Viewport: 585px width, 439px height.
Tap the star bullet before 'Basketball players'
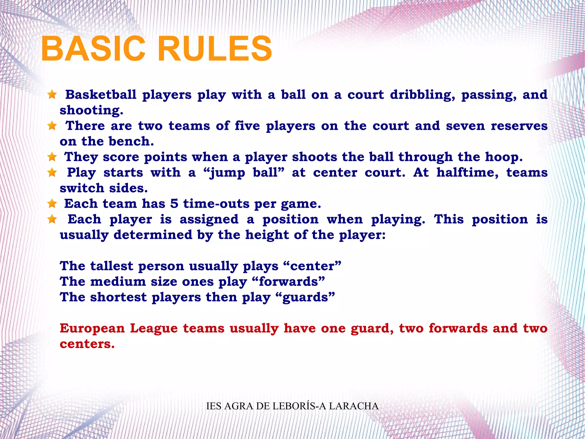[x=52, y=94]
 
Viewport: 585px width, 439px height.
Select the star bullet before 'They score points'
[x=52, y=157]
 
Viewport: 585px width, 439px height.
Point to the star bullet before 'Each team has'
[x=52, y=204]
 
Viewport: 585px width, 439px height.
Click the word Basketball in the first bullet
[x=101, y=95]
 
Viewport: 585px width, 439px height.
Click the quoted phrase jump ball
[x=244, y=173]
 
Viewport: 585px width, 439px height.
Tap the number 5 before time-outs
[x=174, y=204]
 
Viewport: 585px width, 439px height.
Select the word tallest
[x=112, y=266]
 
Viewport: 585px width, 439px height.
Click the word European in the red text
[x=92, y=328]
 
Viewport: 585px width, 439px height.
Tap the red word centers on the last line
[x=87, y=344]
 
